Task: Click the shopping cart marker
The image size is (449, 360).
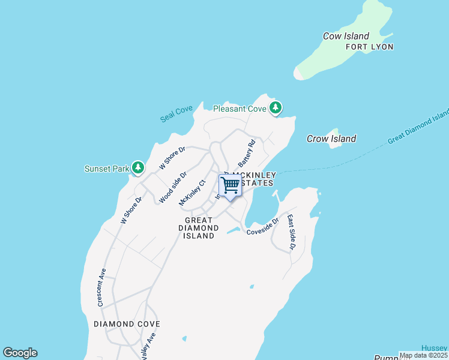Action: click(x=230, y=186)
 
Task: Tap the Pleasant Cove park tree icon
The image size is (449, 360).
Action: click(x=276, y=108)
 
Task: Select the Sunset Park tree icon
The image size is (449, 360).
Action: click(x=138, y=168)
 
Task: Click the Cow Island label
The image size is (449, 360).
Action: click(x=346, y=36)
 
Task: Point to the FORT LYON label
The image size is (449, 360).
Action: click(x=369, y=47)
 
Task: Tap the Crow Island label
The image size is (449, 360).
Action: click(x=331, y=139)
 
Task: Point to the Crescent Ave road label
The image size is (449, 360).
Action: click(x=101, y=287)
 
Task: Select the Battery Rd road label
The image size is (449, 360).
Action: click(x=247, y=153)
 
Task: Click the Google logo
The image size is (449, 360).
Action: click(x=20, y=353)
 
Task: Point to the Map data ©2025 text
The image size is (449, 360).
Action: click(x=423, y=355)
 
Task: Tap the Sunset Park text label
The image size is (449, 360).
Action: click(x=107, y=169)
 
